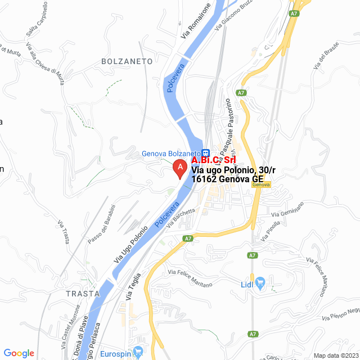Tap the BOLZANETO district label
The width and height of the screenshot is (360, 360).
(x=127, y=60)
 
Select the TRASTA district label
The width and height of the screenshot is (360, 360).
(x=82, y=294)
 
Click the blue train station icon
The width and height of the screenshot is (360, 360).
(x=206, y=152)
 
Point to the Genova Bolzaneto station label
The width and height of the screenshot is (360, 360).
(x=170, y=153)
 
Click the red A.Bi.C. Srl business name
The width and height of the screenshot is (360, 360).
(x=213, y=160)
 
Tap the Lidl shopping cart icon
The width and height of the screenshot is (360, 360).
(x=260, y=282)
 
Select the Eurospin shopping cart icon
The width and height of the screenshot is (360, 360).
(x=139, y=351)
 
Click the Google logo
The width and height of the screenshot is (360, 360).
(x=19, y=353)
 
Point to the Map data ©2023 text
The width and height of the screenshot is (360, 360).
(x=335, y=355)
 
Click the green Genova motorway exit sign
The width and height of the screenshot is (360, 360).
(x=261, y=184)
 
